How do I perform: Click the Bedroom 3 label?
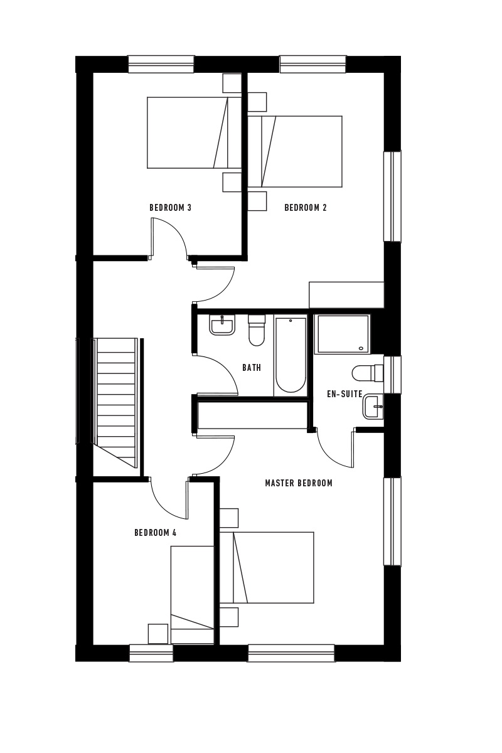click(x=170, y=208)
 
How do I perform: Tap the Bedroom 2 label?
click(x=306, y=208)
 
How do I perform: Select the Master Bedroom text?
click(x=299, y=483)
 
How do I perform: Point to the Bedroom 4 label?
click(x=156, y=533)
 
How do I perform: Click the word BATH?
click(x=252, y=368)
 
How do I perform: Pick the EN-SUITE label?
click(x=344, y=394)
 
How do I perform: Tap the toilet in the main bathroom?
click(x=257, y=330)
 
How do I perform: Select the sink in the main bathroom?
click(x=222, y=326)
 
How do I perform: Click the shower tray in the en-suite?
click(x=342, y=334)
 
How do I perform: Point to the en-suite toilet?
click(x=368, y=373)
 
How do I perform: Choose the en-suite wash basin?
click(x=373, y=407)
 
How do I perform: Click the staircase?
click(x=115, y=403)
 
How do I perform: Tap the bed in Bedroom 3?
click(x=195, y=133)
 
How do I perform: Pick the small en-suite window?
click(x=392, y=375)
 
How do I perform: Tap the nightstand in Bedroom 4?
click(x=158, y=634)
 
